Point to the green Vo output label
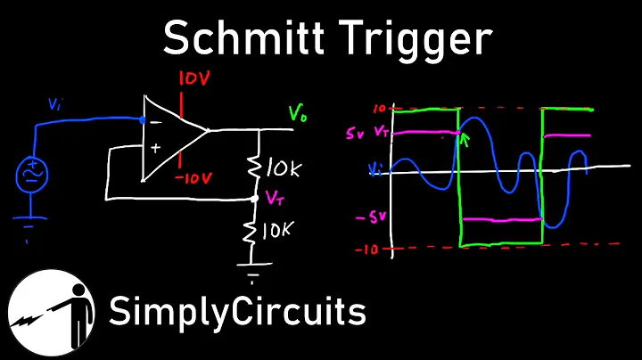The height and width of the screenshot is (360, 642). point(298,113)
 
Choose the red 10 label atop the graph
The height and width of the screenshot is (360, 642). point(379,109)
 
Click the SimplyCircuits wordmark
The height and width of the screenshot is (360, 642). point(237,314)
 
